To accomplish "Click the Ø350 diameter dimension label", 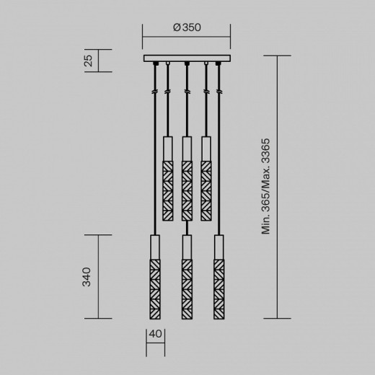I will [x=186, y=27].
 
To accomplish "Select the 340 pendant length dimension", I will [x=88, y=276].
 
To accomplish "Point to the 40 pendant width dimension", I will [x=155, y=334].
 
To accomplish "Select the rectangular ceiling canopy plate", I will [x=187, y=58].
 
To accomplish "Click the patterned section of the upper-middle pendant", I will [x=187, y=191].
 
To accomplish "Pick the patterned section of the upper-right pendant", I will [x=206, y=191].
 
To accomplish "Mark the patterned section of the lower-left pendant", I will [x=155, y=288].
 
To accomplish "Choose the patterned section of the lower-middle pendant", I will [x=187, y=288].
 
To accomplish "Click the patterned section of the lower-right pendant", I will [x=219, y=288].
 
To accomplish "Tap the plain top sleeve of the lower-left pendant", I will [x=155, y=247].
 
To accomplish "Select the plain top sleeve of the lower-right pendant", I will [x=219, y=247].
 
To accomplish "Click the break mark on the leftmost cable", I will [x=155, y=92].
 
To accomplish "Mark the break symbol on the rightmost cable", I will [x=219, y=92].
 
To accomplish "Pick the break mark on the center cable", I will [x=187, y=92].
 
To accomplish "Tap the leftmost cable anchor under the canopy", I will [x=155, y=66].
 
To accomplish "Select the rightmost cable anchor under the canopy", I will [x=219, y=66].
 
